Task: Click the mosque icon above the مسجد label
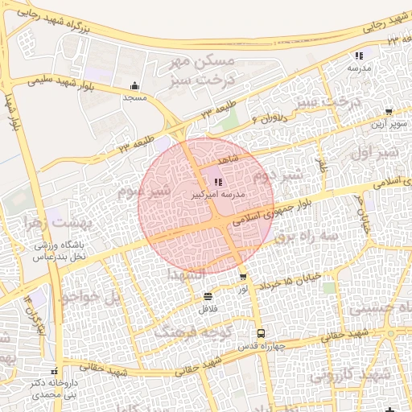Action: coord(134,86)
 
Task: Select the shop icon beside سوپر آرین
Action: coord(389,113)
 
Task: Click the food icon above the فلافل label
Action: coord(208,295)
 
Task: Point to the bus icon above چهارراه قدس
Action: coord(260,333)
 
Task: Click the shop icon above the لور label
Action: coord(243,277)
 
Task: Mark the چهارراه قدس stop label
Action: coord(258,346)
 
